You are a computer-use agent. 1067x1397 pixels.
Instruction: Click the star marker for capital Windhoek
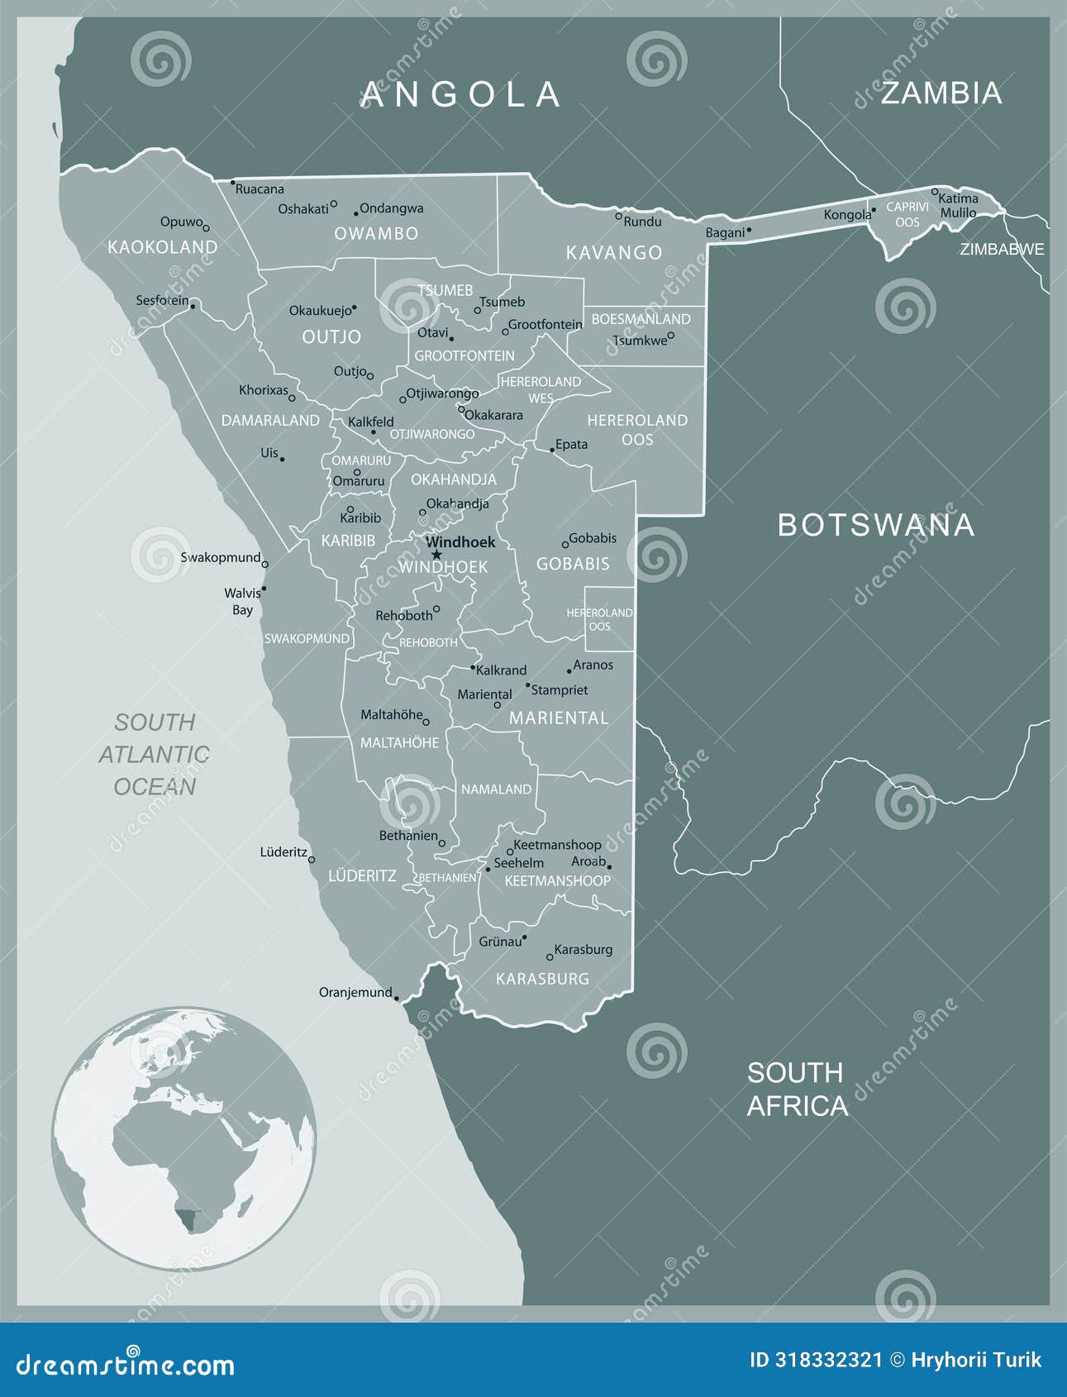pos(436,555)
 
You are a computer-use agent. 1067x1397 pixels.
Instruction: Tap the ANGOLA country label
pos(461,95)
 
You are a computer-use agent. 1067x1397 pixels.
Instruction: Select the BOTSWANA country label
pos(876,525)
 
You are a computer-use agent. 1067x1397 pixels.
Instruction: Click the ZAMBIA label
pos(941,93)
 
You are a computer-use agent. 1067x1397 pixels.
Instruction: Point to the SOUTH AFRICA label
pos(797,1089)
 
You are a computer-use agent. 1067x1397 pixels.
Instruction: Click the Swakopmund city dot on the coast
pos(264,565)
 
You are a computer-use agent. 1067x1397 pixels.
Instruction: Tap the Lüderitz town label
pos(283,852)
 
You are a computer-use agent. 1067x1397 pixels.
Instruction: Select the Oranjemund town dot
pos(396,998)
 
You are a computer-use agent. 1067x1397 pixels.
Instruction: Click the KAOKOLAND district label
pos(163,247)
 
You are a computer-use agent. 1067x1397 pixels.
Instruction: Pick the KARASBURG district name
pos(542,979)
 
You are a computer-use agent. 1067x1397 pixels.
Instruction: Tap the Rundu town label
pos(642,222)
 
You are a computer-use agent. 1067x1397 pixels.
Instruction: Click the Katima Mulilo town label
pos(958,206)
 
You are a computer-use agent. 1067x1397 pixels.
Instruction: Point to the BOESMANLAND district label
pos(641,319)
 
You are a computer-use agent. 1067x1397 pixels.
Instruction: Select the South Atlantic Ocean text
pos(155,754)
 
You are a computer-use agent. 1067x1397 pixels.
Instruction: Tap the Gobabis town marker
pos(565,545)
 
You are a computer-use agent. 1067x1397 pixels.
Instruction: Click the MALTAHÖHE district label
pos(399,743)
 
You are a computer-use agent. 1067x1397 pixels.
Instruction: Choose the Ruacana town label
pos(260,189)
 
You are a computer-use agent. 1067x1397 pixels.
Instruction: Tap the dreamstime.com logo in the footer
pos(126,1365)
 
